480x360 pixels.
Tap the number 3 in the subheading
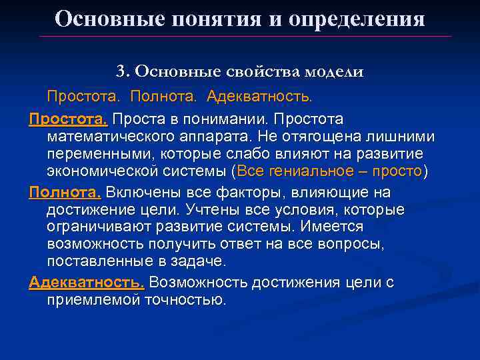[x=121, y=71]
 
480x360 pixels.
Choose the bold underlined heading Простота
[x=68, y=119]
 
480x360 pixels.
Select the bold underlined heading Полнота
[x=65, y=193]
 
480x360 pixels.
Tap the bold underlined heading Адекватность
[x=87, y=282]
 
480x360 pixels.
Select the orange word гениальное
[x=309, y=172]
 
